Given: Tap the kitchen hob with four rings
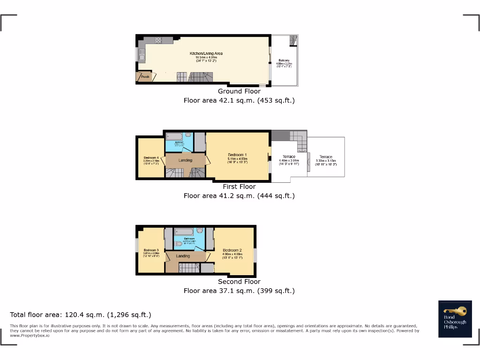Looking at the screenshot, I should pos(156,40).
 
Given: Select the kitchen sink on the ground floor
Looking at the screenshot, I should pos(141,58).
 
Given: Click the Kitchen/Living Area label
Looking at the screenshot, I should pos(206,53).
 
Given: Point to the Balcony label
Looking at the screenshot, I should pos(284,60).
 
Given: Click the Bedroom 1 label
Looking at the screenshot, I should pos(237,155).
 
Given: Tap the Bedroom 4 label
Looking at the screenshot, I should pos(151,158).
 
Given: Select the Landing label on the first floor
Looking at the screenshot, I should pos(185,161).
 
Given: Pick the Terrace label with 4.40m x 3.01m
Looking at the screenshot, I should pos(289,157).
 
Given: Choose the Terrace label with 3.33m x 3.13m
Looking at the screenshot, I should pos(326,157).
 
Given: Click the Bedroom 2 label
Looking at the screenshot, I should pos(232,250).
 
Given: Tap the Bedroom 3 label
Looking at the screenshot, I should pos(151,250).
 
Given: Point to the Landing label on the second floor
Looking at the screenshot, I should pos(183,256).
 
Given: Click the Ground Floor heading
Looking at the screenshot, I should pos(239,91).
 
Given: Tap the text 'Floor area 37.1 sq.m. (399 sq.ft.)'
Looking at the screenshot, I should pos(239,291).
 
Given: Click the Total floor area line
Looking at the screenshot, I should pos(81,315).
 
